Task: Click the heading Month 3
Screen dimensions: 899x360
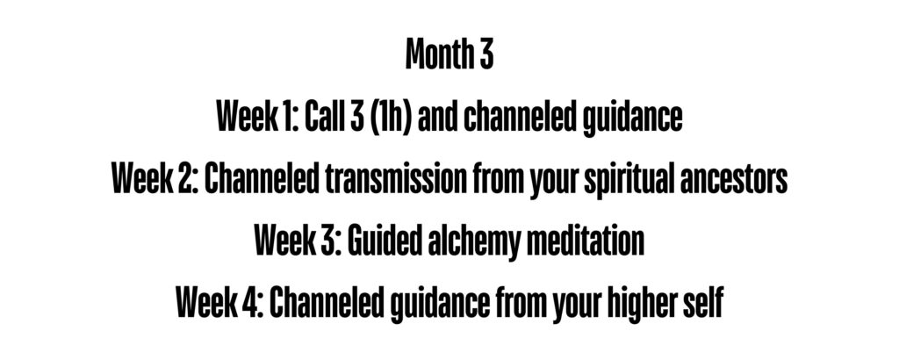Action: pos(449,54)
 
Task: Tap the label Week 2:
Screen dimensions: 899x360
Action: pos(155,179)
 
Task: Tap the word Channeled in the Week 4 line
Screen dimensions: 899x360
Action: pos(327,303)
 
